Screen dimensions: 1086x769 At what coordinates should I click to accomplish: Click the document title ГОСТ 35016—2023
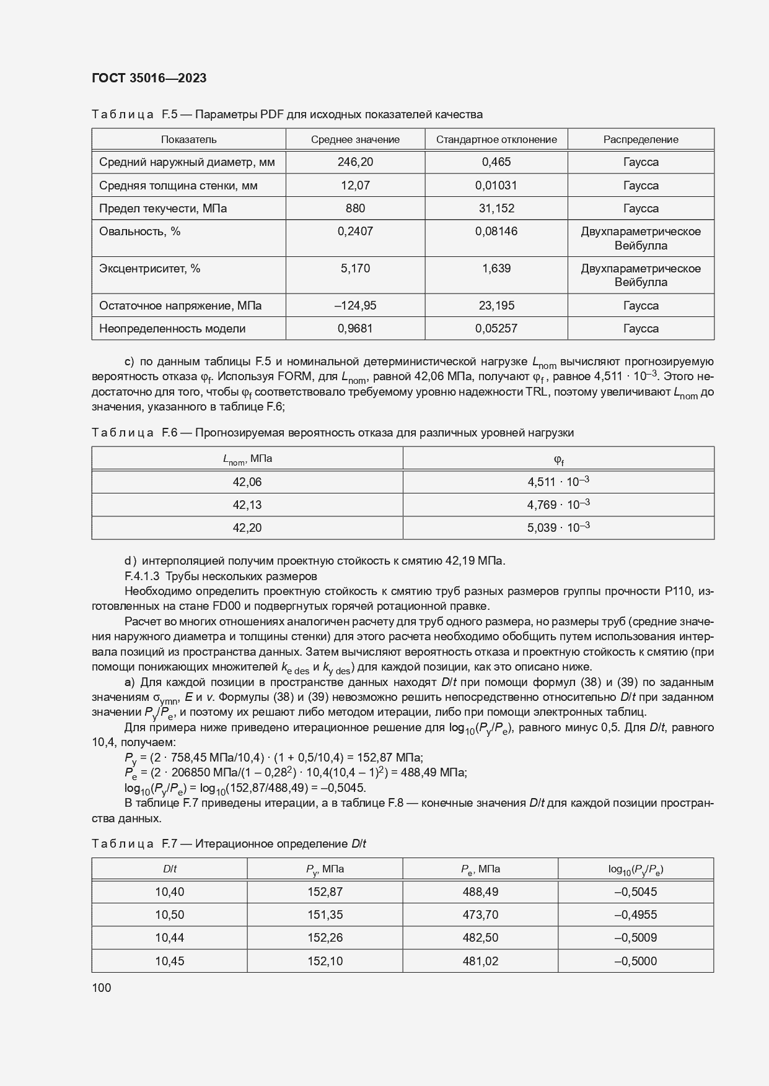pos(149,78)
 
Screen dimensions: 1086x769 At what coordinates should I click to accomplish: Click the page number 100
pos(101,988)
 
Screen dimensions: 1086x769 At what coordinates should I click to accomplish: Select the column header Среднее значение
pos(355,139)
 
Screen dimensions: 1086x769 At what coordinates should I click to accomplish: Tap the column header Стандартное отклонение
pos(496,139)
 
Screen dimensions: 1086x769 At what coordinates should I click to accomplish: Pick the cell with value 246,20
pos(355,162)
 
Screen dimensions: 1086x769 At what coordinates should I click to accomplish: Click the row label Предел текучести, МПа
pos(163,209)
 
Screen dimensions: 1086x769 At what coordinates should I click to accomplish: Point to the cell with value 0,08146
pos(496,232)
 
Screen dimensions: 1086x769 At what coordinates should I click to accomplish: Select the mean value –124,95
pos(355,305)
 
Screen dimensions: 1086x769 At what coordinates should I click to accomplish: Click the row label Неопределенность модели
pos(172,329)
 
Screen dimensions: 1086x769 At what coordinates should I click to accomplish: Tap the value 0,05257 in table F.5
pos(496,329)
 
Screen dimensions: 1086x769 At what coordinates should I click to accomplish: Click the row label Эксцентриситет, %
pos(150,269)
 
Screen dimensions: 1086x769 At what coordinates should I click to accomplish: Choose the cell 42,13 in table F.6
pos(247,505)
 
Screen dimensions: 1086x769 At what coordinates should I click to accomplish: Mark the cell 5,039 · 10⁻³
pos(558,528)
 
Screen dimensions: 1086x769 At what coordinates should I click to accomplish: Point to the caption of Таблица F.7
pos(229,844)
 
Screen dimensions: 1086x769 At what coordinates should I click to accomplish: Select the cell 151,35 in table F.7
pos(325,914)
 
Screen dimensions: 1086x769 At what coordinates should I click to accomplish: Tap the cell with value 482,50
pos(480,937)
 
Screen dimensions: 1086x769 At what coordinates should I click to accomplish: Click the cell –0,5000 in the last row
pos(635,961)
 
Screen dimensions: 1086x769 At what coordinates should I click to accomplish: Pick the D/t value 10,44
pos(169,937)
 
